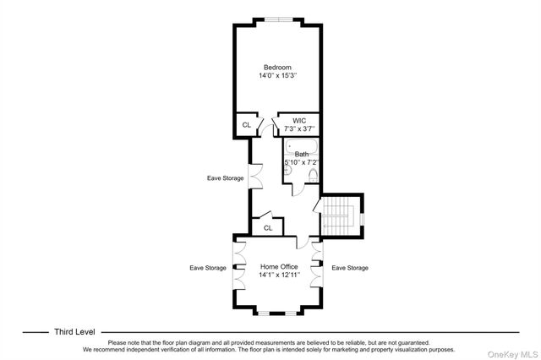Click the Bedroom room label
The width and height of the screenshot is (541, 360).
pos(277,68)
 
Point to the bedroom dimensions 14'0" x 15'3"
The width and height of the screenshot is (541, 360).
pos(278,75)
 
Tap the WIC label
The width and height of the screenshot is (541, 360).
pos(299,121)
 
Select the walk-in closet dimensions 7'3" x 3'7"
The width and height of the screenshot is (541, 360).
pos(299,129)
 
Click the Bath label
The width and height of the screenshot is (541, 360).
pos(302,154)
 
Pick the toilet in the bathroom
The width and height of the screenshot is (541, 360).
pos(313,176)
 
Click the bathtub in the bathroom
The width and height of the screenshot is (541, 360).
pos(301,146)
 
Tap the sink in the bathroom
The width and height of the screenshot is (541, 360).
pos(287,170)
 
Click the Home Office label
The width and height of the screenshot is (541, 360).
pos(279,266)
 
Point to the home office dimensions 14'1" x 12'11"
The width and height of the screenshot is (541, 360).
pos(279,275)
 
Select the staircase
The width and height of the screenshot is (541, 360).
pos(340,215)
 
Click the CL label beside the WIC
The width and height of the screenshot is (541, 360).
pos(246,125)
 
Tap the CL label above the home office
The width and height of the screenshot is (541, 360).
pos(268,228)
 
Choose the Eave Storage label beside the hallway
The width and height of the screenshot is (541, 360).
pos(226,178)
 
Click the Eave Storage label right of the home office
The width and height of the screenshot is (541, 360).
pos(350,268)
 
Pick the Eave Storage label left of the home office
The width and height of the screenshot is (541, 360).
pos(208,268)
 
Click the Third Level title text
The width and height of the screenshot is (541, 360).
pos(74,332)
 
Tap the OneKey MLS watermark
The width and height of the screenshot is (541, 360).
pos(512,354)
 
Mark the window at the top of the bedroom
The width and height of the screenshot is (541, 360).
pos(279,19)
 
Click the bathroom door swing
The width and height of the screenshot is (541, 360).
pos(298,190)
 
